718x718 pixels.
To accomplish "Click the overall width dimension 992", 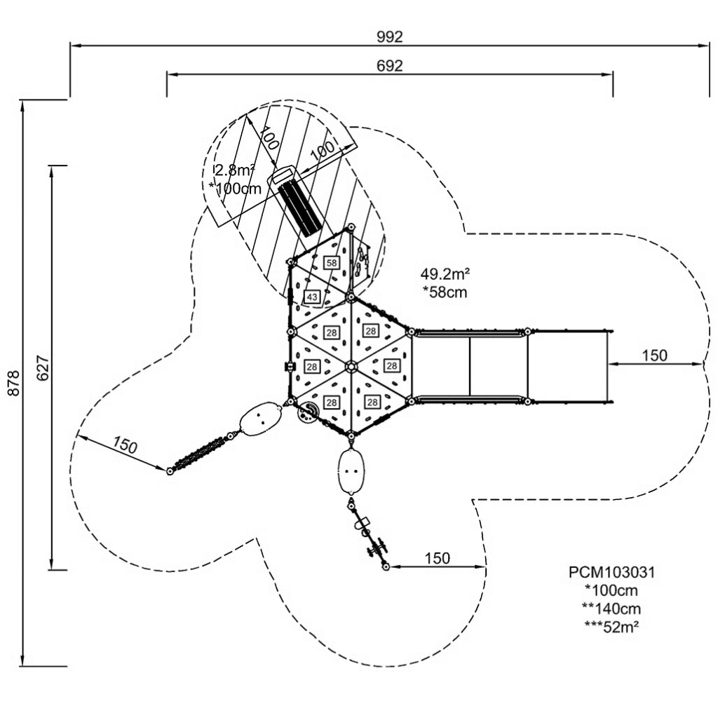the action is coord(390,36).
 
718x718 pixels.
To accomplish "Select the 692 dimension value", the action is coord(390,66).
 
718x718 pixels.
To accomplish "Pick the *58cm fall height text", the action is coord(445,292).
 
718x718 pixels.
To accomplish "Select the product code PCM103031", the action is coord(611,572).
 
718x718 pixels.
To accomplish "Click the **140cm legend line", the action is coord(611,609).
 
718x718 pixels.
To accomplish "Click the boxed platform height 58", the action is coord(332,262).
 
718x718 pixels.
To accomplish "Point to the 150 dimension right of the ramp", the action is coord(655,355).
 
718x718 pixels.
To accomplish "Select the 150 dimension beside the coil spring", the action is coord(125,446).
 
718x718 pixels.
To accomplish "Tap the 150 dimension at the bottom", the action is coord(437,558).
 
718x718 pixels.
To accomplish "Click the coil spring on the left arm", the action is coord(200,453).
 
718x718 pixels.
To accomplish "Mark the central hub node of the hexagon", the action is coord(349,365).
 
